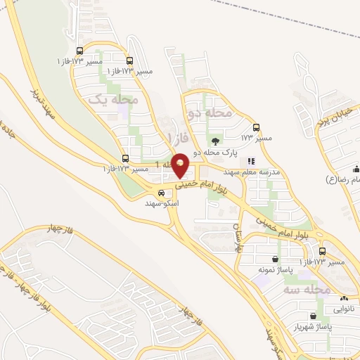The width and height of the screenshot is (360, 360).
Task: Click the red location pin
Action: [181, 165]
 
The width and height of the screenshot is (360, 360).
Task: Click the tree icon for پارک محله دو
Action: [215, 141]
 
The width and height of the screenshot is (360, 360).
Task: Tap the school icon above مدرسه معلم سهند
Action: [251, 161]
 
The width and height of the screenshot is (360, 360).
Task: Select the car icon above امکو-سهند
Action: [162, 193]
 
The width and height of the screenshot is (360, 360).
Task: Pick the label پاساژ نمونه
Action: [274, 269]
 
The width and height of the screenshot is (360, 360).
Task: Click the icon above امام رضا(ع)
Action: [356, 169]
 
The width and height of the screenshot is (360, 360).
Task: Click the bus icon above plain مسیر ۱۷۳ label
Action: [256, 127]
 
